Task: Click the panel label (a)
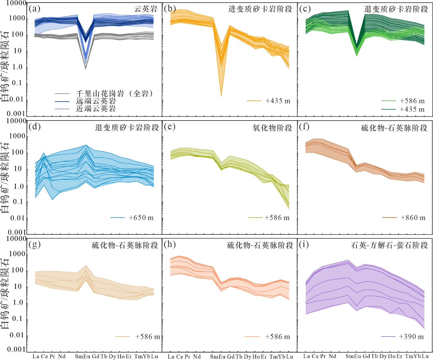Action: click(34, 8)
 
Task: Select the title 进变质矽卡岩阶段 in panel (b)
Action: click(260, 9)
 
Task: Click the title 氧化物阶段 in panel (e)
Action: click(272, 127)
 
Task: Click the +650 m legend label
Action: click(141, 218)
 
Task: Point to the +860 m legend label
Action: click(413, 218)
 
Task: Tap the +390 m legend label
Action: click(411, 337)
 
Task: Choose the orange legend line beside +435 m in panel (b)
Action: click(254, 101)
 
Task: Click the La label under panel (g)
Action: click(35, 356)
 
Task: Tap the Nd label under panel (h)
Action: click(197, 356)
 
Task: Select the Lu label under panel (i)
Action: click(425, 356)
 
